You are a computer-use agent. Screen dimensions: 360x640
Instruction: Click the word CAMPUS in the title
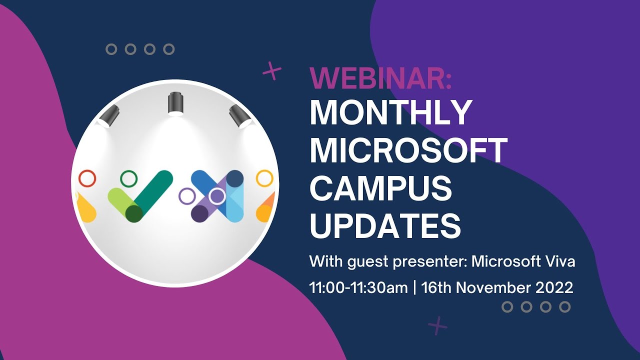380,188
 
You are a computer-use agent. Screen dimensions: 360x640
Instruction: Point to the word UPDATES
385,225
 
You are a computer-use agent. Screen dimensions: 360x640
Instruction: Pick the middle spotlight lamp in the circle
175,103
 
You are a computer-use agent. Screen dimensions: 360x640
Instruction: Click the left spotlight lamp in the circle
109,116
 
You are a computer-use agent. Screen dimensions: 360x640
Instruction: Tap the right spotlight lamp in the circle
239,116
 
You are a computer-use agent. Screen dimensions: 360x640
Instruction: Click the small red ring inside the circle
87,178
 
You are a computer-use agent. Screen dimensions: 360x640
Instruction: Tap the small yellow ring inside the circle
264,178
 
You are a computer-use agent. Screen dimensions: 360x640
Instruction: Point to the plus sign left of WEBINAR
272,71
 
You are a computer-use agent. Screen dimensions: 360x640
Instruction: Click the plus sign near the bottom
437,325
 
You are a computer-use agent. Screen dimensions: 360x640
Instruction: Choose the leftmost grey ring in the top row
111,49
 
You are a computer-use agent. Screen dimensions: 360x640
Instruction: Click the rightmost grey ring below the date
564,307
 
